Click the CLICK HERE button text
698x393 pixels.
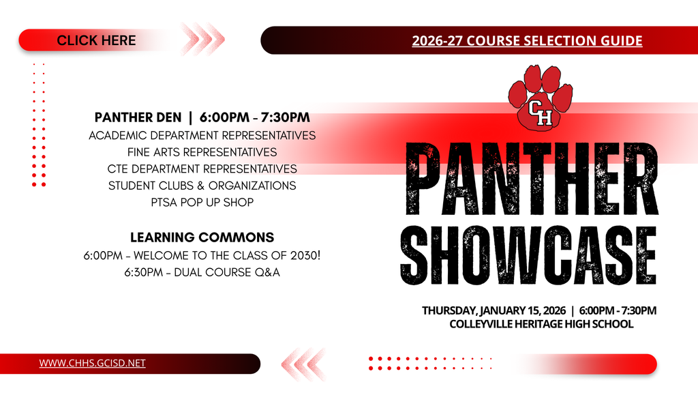pos(96,40)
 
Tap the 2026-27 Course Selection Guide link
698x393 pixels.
pos(527,41)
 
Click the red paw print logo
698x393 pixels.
pos(540,98)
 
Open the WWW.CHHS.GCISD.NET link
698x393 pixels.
pos(92,363)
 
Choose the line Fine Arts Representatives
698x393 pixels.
pos(202,151)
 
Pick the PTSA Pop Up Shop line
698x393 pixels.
pos(202,202)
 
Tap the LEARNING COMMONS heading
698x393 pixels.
pos(202,237)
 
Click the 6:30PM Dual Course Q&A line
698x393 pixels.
pos(202,272)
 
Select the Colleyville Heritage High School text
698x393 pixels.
pos(541,324)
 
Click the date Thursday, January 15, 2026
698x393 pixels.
pos(494,310)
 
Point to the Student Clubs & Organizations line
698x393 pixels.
pos(202,185)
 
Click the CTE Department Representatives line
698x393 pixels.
pos(202,169)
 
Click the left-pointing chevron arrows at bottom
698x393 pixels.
pos(303,363)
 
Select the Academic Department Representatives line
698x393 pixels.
pos(202,135)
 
